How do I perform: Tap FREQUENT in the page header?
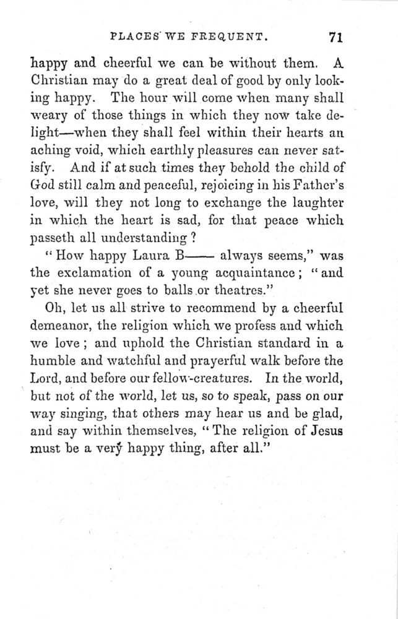tap(233, 37)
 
